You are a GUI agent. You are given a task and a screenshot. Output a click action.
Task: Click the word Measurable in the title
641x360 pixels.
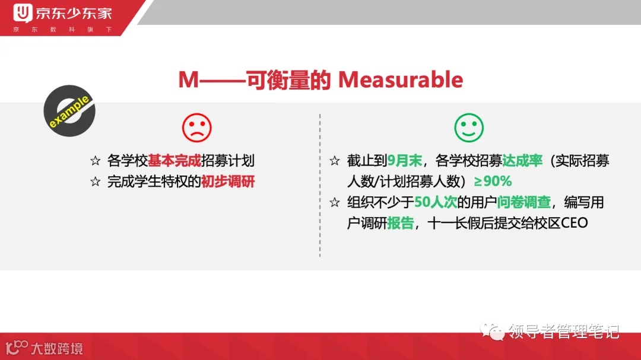pos(401,80)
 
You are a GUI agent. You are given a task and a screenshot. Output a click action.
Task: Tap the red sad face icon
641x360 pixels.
pos(196,128)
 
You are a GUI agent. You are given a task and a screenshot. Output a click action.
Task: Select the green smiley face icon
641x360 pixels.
pos(469,128)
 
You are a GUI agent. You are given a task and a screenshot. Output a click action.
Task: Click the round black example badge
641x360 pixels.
pos(69,111)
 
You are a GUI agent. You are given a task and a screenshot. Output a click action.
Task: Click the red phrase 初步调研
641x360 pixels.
pos(228,181)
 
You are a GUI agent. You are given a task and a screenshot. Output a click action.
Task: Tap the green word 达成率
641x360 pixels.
pos(522,161)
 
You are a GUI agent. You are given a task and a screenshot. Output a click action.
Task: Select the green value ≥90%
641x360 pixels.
pos(493,181)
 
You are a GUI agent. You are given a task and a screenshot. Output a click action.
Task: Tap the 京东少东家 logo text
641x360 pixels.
pos(74,12)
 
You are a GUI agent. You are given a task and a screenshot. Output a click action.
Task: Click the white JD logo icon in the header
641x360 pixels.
pos(23,12)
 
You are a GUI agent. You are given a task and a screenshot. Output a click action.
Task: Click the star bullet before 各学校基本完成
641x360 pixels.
pos(96,161)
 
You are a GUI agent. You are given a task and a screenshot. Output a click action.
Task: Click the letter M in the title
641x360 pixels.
pos(189,80)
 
